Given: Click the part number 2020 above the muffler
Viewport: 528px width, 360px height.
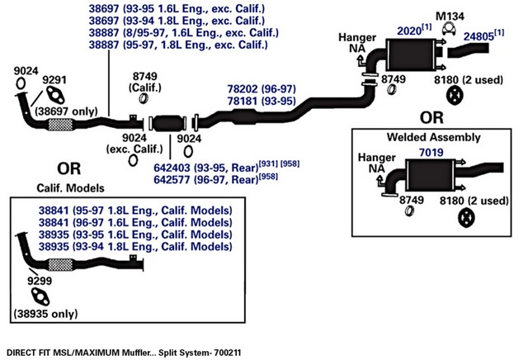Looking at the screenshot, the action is [409, 31].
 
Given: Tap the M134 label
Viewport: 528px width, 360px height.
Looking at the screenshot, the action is [450, 17].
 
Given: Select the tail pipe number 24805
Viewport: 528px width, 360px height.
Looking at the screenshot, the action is [478, 36].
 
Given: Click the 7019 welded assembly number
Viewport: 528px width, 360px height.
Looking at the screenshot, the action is [431, 153].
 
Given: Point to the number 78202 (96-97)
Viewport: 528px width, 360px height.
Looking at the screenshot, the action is [262, 89].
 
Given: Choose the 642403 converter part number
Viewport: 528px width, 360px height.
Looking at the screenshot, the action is [172, 168].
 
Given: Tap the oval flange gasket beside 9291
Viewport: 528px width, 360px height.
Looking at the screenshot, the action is [55, 95].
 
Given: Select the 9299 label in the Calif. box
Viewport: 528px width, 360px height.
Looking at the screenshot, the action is [40, 281].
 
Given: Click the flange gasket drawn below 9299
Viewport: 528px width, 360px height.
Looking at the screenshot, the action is [40, 297].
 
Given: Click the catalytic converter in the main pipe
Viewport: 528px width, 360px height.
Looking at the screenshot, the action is [168, 123].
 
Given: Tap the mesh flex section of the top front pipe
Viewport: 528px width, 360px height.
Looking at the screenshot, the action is [60, 125].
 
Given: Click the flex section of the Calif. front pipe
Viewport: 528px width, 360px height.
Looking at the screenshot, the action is [60, 264].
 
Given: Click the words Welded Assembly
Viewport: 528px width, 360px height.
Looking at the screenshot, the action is [433, 137].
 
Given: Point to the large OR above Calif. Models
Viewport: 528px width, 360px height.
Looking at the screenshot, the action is [69, 168].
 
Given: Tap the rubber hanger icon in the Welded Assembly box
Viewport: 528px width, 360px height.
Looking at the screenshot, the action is [466, 218].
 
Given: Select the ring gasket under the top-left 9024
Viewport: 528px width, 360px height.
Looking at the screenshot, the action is [21, 83].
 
